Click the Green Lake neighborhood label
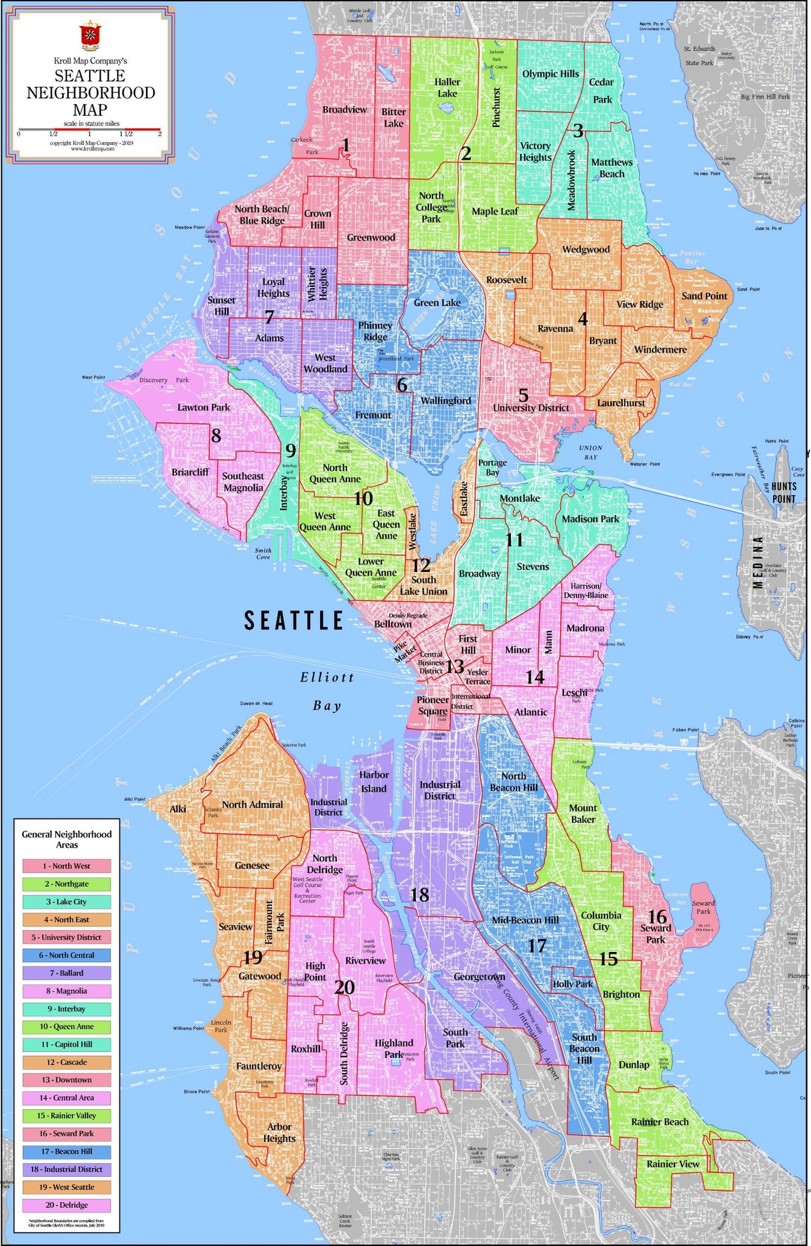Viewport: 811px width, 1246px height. (x=437, y=302)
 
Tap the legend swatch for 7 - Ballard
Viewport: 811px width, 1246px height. (x=67, y=972)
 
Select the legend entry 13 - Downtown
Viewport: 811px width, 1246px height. (x=67, y=1080)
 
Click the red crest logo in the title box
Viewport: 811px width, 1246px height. (x=90, y=36)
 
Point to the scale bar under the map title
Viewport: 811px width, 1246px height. (x=89, y=129)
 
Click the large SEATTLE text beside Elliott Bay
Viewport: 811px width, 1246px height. (x=293, y=620)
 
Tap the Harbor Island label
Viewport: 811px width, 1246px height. (x=374, y=781)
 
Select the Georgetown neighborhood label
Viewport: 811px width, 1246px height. (x=479, y=977)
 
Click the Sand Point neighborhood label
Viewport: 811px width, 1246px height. (x=704, y=296)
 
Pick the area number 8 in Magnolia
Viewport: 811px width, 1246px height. (x=216, y=435)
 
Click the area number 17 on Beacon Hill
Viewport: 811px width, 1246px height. (x=536, y=946)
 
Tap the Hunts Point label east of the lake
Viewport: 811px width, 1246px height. (x=783, y=492)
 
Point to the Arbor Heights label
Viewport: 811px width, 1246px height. (x=279, y=1133)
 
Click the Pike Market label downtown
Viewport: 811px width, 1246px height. (x=404, y=651)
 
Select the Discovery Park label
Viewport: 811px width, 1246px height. (x=164, y=380)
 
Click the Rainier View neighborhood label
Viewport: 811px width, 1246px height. (x=672, y=1163)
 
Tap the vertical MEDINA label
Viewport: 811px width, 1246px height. (x=758, y=562)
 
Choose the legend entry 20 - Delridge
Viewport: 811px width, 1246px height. (x=67, y=1205)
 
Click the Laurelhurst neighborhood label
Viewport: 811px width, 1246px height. (x=621, y=402)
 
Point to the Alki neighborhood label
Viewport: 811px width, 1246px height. (x=178, y=809)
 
